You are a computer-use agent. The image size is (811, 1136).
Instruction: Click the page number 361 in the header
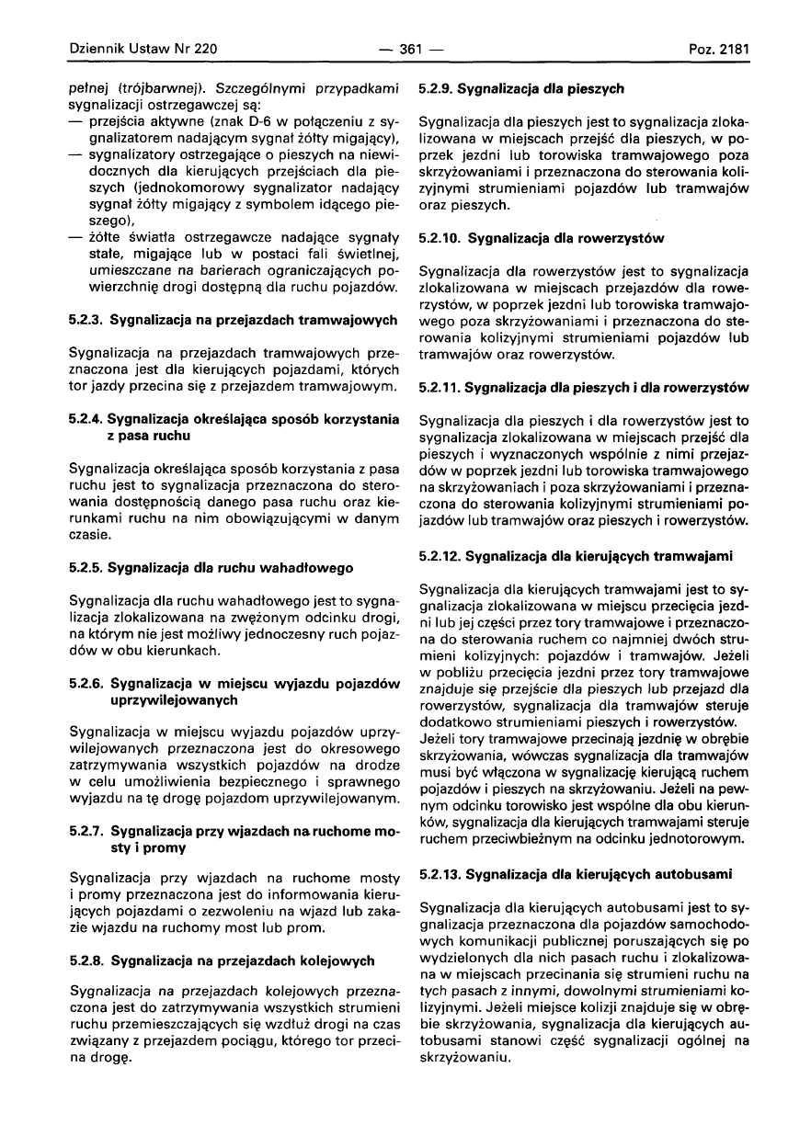pos(404,48)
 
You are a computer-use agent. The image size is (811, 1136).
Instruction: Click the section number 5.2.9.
pos(437,89)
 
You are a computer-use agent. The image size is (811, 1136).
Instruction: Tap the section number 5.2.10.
pos(440,239)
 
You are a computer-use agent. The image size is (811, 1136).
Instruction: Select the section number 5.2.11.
pos(440,388)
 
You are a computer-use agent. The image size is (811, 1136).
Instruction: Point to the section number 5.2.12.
pos(440,555)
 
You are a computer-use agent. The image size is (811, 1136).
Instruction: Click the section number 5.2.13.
pos(440,870)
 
